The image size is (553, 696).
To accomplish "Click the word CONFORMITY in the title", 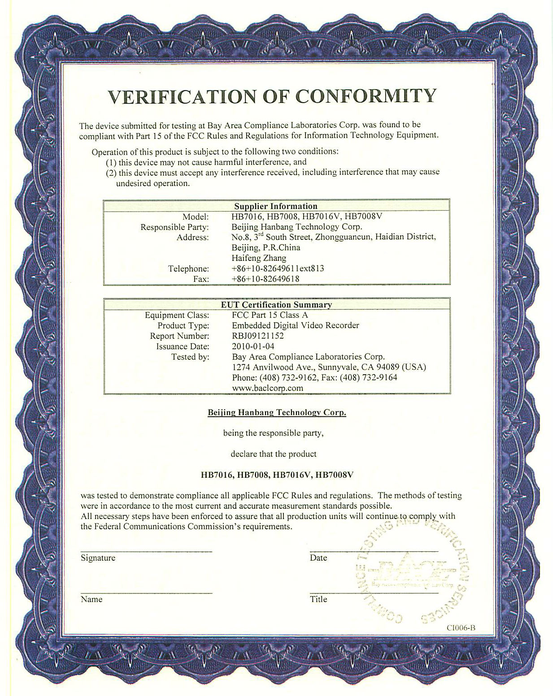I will coord(366,95).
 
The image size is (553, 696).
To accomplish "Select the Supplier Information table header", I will coord(276,206).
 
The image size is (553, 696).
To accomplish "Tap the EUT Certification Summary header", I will coord(276,305).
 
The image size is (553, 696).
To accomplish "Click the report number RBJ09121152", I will coord(258,336).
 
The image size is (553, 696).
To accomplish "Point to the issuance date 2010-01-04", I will coord(253,346).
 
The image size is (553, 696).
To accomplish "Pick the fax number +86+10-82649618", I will coord(266,279).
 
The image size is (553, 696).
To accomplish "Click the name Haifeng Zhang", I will coord(259,258).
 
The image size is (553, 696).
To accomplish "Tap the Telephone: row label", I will coord(188,268).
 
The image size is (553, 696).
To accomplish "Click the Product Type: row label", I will coord(183,325).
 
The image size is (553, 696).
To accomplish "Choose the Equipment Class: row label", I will coord(177,315).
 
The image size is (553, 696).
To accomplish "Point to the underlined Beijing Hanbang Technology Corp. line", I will coord(277,412).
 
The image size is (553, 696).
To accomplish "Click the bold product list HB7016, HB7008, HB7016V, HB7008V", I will coord(277,475).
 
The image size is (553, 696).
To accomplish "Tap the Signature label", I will coord(98,558).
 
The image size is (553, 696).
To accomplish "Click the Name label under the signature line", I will coord(91,599).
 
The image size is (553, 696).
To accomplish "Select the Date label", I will coord(318,558).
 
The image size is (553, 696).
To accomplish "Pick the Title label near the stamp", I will coord(318,599).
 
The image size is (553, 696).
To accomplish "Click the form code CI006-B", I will coord(461,628).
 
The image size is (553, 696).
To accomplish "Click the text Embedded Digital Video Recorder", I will coord(296,325).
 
